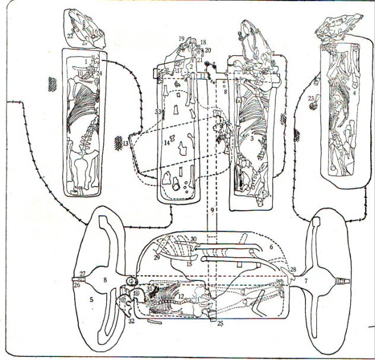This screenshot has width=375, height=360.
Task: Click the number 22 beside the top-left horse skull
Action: (x=70, y=36)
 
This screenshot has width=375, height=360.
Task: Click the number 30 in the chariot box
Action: (x=193, y=239)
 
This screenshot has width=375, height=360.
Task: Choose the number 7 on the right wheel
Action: (x=305, y=279)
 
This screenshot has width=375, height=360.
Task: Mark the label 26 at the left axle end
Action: (x=77, y=284)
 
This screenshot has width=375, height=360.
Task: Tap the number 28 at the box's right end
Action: (x=293, y=270)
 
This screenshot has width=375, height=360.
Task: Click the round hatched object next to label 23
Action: (x=313, y=106)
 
